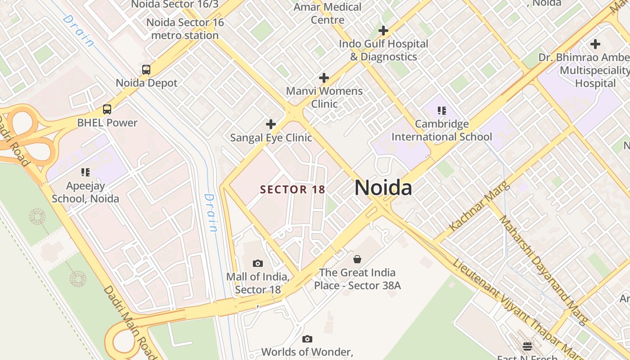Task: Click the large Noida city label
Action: (x=383, y=188)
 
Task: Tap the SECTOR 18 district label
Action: (x=292, y=189)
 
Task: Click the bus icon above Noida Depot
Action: (x=146, y=70)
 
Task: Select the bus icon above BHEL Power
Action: (x=107, y=109)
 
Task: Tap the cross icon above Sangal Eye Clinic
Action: (x=271, y=124)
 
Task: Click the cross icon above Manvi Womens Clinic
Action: (x=324, y=78)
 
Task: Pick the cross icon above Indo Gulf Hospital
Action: (x=383, y=31)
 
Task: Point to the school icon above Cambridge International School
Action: (x=442, y=111)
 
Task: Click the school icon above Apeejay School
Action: (x=85, y=172)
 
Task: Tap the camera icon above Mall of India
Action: (x=258, y=263)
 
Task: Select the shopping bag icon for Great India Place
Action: (x=357, y=259)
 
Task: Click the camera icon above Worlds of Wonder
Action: (x=307, y=339)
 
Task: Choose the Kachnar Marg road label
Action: (x=480, y=206)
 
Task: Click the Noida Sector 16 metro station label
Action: (x=185, y=29)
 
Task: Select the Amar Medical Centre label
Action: (x=328, y=13)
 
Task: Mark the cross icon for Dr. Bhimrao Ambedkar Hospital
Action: (x=595, y=44)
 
